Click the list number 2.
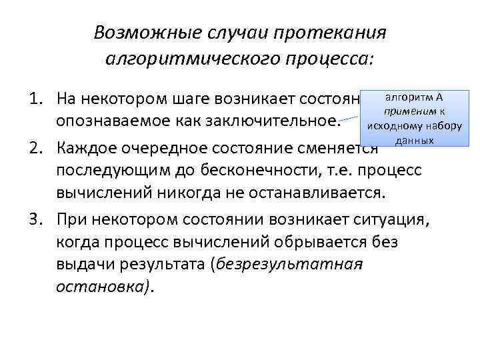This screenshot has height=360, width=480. (33, 145)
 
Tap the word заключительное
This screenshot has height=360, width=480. (277, 122)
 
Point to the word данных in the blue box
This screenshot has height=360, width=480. (415, 141)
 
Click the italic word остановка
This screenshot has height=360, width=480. (104, 287)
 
